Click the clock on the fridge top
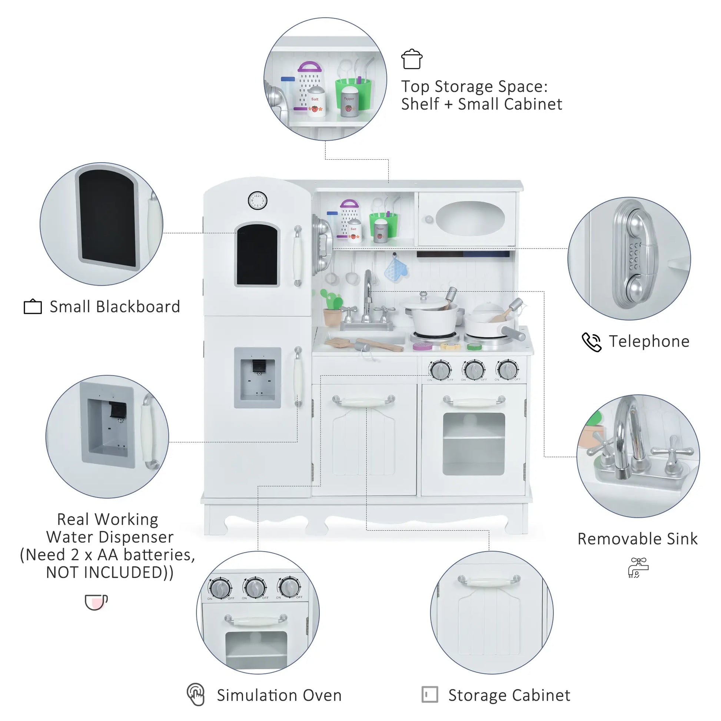[x=257, y=201]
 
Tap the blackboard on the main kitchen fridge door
[x=257, y=255]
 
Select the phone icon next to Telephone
[x=591, y=342]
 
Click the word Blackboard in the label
[x=138, y=307]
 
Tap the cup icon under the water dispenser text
[x=96, y=602]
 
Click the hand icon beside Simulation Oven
[x=196, y=694]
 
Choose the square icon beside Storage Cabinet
[x=429, y=694]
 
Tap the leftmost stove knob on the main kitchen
[x=441, y=370]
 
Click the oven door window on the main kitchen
[x=474, y=444]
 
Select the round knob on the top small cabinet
[x=429, y=219]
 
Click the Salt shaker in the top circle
[x=316, y=102]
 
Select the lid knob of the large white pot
[x=423, y=295]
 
